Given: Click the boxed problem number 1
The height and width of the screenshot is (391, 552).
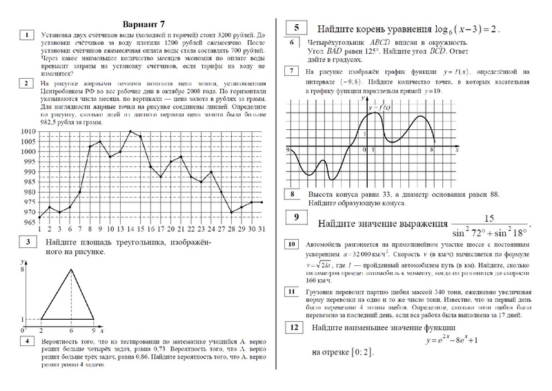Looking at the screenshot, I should pos(26,35).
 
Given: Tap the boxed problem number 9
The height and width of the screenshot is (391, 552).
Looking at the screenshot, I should pos(295,218).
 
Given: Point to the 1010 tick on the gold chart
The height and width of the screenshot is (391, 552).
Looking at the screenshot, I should pos(28,131).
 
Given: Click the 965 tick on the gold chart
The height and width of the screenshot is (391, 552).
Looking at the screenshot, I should pos(28,223).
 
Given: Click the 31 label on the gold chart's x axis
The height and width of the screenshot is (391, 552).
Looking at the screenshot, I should pos(259,229).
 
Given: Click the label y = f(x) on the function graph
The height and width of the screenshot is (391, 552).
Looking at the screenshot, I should pos(380,107).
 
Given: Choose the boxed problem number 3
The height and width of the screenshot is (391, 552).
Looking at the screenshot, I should pos(26,242).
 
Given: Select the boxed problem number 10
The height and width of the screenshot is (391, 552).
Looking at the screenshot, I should pos(292,245).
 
